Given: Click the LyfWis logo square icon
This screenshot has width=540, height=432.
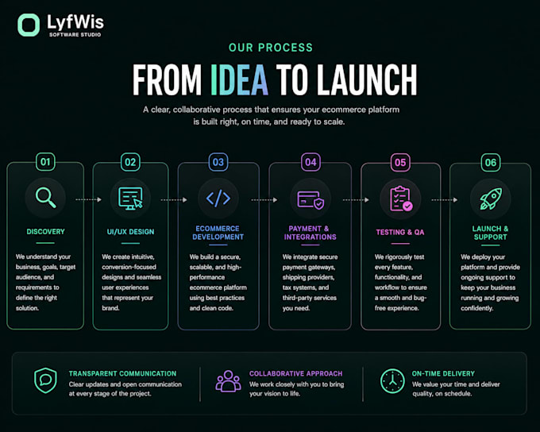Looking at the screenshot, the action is tap(29, 25).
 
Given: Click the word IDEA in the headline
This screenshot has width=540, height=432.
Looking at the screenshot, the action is tap(239, 80).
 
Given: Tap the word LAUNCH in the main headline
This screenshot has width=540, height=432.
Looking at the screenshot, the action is tap(367, 80).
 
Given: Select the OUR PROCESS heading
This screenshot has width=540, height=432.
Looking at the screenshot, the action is tap(271, 48).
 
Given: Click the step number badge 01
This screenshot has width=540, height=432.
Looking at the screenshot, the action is tap(45, 162).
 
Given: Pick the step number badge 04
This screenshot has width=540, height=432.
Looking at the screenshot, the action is tap(310, 162).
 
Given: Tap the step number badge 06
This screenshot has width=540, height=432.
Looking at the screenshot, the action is tap(491, 163).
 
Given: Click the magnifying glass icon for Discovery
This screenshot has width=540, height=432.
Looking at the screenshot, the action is tap(45, 198).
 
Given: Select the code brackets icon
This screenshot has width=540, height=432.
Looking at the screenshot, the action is tap(218, 199).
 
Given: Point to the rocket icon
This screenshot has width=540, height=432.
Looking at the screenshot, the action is tap(491, 199).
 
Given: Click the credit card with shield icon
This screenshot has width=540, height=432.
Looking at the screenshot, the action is tap(310, 200).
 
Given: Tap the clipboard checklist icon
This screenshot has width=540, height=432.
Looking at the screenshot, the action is tap(400, 199).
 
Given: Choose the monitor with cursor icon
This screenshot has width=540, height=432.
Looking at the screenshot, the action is tap(130, 199).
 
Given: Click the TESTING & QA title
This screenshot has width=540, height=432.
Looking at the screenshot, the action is tap(400, 232).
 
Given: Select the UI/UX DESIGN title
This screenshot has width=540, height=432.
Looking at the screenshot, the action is tap(130, 232).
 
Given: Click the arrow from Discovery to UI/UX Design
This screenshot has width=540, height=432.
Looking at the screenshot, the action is tap(88, 199).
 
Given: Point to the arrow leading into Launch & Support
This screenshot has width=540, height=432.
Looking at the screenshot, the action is tap(445, 200).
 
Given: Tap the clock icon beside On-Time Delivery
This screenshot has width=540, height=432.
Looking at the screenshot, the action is tap(392, 381).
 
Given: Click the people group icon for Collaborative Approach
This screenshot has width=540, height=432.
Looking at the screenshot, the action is tap(228, 381).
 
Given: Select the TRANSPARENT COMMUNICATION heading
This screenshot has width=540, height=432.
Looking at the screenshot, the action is tap(122, 373).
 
